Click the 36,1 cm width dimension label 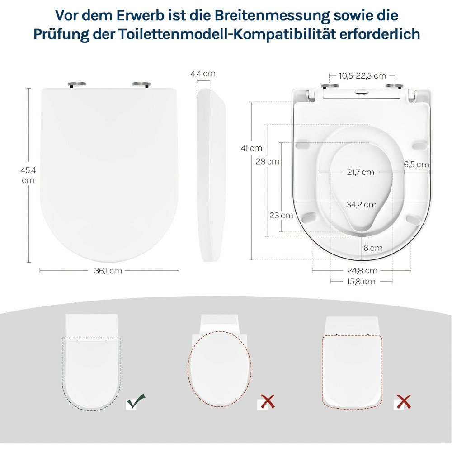tap(108, 271)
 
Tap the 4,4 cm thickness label tap(203, 74)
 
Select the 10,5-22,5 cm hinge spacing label tap(363, 76)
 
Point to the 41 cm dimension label tap(252, 148)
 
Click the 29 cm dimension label tap(268, 161)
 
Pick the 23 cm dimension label tap(281, 215)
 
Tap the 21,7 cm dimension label tap(361, 172)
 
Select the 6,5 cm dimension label tap(416, 165)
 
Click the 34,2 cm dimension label tap(362, 205)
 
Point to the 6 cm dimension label tap(373, 248)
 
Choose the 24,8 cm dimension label tap(362, 271)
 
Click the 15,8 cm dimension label tap(361, 281)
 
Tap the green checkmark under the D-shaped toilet tap(136, 401)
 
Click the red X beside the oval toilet tap(267, 401)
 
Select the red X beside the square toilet tap(403, 401)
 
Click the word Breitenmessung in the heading tap(272, 15)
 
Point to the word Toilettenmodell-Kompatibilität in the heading tap(226, 34)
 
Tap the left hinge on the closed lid tap(77, 84)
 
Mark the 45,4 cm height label tap(28, 175)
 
